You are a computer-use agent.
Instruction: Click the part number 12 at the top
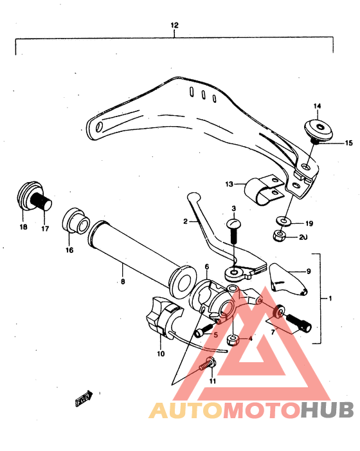(174, 25)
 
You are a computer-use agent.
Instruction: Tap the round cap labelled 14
(316, 127)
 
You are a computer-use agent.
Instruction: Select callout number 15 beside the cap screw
(331, 143)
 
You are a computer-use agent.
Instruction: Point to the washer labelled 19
(282, 222)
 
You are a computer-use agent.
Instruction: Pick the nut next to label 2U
(280, 236)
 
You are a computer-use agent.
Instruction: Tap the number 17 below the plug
(46, 227)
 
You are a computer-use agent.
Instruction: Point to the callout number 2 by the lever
(185, 221)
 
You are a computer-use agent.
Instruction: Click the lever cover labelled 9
(287, 278)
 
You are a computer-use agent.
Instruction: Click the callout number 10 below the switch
(161, 353)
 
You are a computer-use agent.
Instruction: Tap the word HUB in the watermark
(328, 410)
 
